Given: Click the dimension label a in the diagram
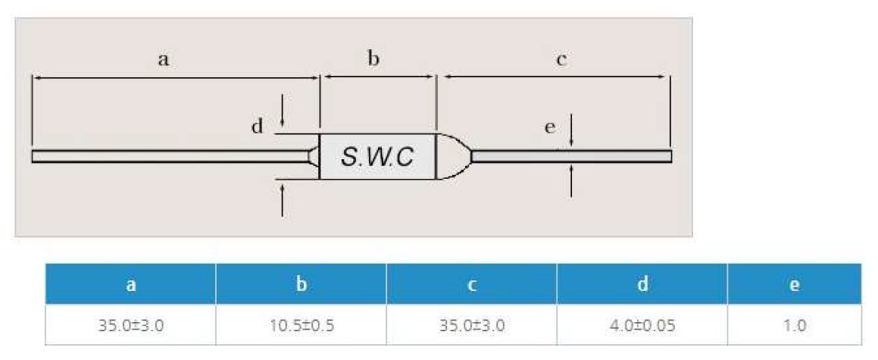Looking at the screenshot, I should point(163,59).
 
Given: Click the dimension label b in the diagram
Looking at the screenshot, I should point(373,59).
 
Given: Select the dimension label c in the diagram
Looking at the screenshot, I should point(561,59).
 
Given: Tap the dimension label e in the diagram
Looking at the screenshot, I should point(550,127).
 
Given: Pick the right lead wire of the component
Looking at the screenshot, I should point(572,156).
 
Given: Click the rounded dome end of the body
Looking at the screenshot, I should point(452,157).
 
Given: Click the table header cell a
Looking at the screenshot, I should point(130,284).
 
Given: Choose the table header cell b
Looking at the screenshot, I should point(301,284).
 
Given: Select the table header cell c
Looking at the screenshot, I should point(471,284).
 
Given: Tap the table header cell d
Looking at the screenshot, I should point(642,284).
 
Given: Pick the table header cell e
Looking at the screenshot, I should point(794,284).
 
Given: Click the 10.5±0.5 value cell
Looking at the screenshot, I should point(301,326).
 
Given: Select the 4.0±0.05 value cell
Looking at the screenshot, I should point(642,326).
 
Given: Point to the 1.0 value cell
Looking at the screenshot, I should point(794,326).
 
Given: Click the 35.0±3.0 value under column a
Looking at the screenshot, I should point(130,326).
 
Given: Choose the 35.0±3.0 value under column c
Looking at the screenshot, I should point(471,326).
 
